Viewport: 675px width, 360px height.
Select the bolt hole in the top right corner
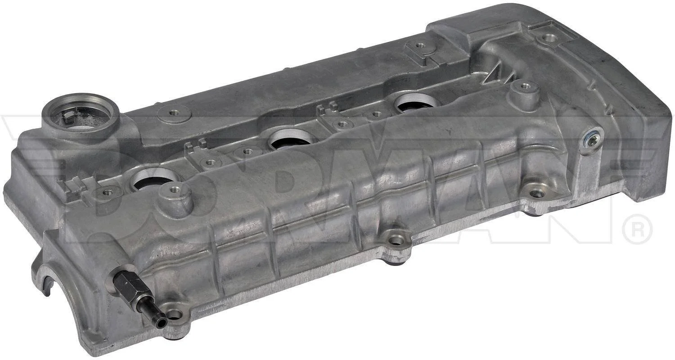pyautogui.click(x=546, y=38)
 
